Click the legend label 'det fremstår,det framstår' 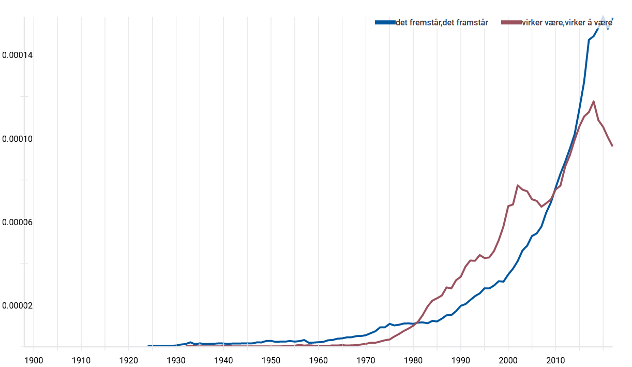(442, 22)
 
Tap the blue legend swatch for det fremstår (385, 22)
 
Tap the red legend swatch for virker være (510, 22)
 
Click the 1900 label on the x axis (34, 360)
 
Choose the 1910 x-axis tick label (81, 360)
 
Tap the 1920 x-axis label (128, 360)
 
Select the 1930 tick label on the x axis (176, 360)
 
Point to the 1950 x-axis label (271, 360)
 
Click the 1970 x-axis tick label (366, 360)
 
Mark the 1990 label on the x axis (460, 360)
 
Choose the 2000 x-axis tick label (508, 360)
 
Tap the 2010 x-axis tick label (555, 360)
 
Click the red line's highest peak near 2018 (593, 101)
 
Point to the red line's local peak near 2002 (518, 185)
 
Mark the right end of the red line (612, 146)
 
